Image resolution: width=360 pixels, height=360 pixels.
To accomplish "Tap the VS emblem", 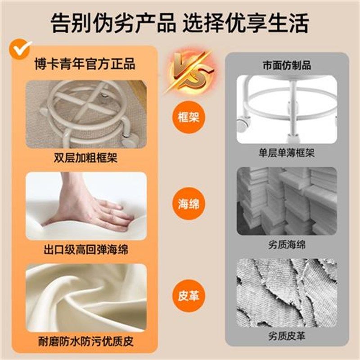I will (186, 72).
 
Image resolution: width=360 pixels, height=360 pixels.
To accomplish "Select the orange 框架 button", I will (185, 118).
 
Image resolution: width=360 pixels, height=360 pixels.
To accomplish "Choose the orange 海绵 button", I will (185, 205).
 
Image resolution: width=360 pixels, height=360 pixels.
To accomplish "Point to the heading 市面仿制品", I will (287, 65).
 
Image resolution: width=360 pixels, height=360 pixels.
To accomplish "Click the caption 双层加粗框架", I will (86, 158).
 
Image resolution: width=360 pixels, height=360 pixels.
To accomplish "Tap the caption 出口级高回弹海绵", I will (86, 249).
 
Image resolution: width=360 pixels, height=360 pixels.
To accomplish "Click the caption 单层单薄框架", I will (287, 153).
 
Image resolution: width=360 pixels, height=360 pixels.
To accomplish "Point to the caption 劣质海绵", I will (287, 245).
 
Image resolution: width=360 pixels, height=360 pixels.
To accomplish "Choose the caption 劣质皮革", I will (287, 336).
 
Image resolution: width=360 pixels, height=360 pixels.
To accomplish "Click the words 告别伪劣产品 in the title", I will (113, 23).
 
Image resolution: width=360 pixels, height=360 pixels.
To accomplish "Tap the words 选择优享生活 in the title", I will (246, 23).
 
